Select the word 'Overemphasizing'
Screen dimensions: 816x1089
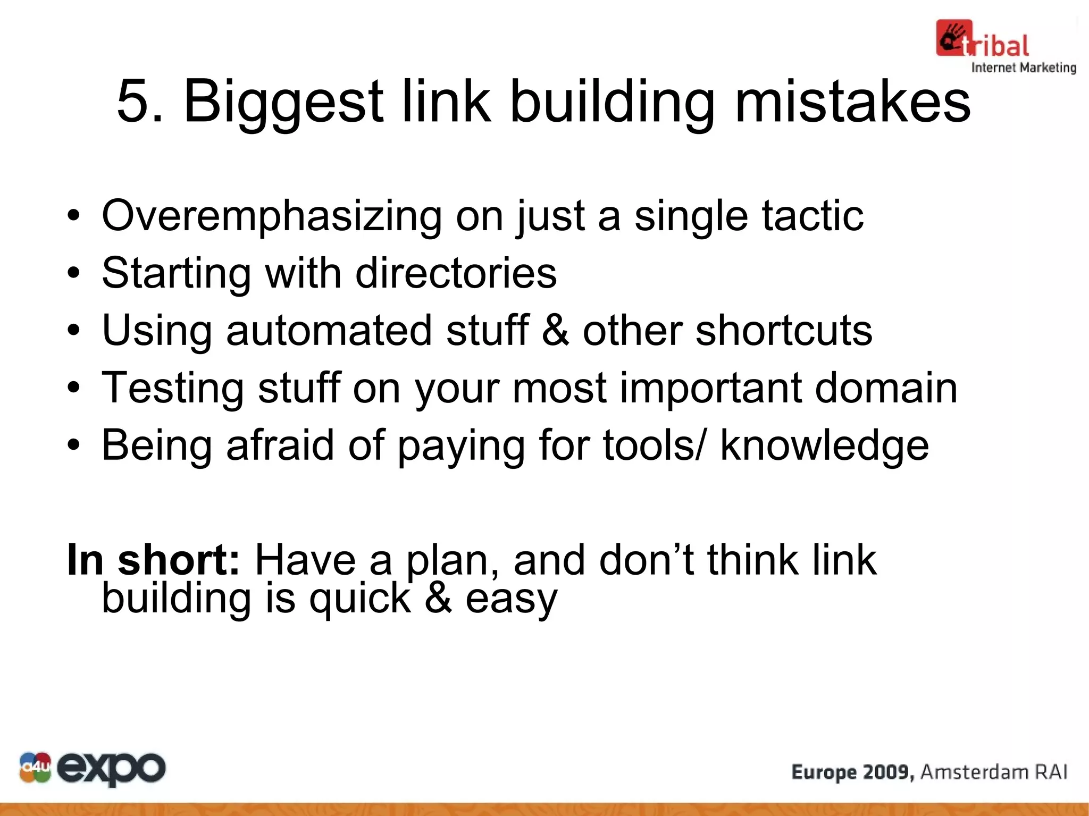(x=271, y=216)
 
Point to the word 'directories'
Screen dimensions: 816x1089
(x=456, y=273)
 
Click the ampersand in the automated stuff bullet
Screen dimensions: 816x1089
(x=555, y=330)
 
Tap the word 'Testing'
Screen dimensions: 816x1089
(x=172, y=389)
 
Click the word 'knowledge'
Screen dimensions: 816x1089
(x=824, y=445)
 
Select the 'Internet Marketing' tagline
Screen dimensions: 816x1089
(x=1024, y=68)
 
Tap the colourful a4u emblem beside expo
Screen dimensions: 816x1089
(x=35, y=768)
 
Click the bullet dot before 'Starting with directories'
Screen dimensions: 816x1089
(x=73, y=273)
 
